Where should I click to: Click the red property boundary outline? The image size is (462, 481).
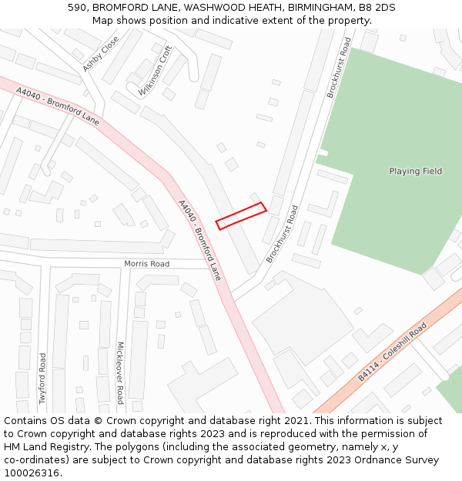click(x=240, y=216)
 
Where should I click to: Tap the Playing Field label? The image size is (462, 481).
click(x=415, y=172)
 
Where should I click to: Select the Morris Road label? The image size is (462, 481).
click(x=146, y=264)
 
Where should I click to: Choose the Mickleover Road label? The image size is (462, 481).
click(x=119, y=372)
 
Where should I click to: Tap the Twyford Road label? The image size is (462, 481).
click(x=43, y=372)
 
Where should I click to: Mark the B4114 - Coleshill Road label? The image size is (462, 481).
click(x=392, y=352)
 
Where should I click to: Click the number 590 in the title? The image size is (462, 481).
click(x=77, y=8)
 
